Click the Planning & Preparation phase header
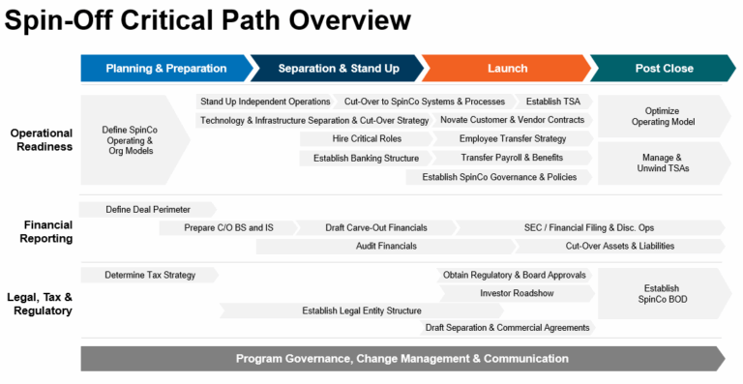(x=165, y=69)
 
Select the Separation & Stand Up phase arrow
(x=338, y=69)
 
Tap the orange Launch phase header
(x=507, y=69)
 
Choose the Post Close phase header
(x=663, y=69)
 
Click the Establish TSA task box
(x=553, y=102)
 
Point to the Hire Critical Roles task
(x=340, y=139)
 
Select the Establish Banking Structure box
(x=359, y=158)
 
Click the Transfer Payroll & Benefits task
(x=512, y=158)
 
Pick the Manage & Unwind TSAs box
(x=663, y=162)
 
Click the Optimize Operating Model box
(x=663, y=116)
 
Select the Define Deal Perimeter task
(x=146, y=209)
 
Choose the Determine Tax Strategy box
(x=149, y=275)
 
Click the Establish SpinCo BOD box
(x=663, y=293)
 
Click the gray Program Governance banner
(x=401, y=359)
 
